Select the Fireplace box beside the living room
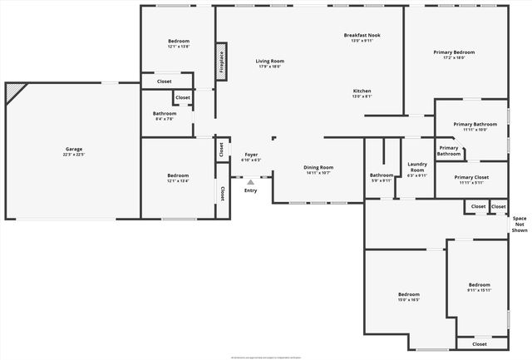pyautogui.click(x=222, y=62)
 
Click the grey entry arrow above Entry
pyautogui.click(x=250, y=182)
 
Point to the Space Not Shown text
pyautogui.click(x=520, y=224)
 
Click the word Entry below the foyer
pyautogui.click(x=250, y=191)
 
